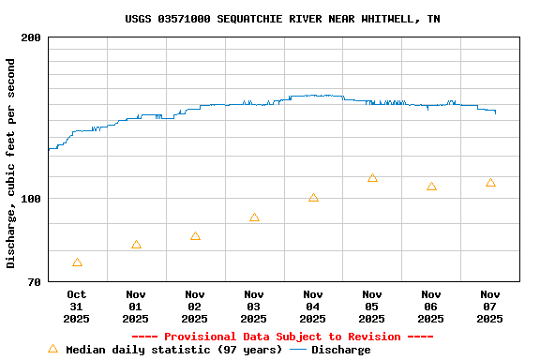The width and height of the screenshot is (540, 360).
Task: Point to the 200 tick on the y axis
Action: [x=31, y=37]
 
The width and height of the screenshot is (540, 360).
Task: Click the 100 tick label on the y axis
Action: [x=31, y=199]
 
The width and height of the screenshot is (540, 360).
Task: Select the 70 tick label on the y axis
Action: [x=34, y=282]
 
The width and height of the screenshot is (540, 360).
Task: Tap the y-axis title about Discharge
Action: [x=11, y=163]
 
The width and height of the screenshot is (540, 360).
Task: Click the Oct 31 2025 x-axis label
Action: [x=77, y=307]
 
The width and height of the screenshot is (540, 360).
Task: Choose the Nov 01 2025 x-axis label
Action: [x=136, y=307]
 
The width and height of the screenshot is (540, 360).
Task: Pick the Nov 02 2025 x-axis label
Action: [x=195, y=307]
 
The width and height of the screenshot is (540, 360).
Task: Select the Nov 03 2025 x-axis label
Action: [x=254, y=307]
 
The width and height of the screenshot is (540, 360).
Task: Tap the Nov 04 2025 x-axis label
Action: [x=313, y=307]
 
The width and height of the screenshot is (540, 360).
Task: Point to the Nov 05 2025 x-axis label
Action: [x=372, y=307]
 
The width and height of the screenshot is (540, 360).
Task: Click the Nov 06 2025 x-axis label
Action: [x=431, y=307]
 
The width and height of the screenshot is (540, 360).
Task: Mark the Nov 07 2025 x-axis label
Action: [x=490, y=307]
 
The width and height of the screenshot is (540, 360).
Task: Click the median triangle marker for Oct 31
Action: [x=77, y=262]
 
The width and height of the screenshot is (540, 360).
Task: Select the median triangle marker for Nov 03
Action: [x=254, y=217]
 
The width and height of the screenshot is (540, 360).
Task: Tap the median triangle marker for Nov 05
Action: [x=372, y=178]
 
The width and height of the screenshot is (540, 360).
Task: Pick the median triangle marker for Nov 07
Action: [x=490, y=183]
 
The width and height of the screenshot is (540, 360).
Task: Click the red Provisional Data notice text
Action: [x=282, y=337]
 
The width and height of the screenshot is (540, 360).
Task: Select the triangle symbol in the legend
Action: [x=52, y=349]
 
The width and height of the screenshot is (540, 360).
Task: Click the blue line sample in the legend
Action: [x=298, y=350]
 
